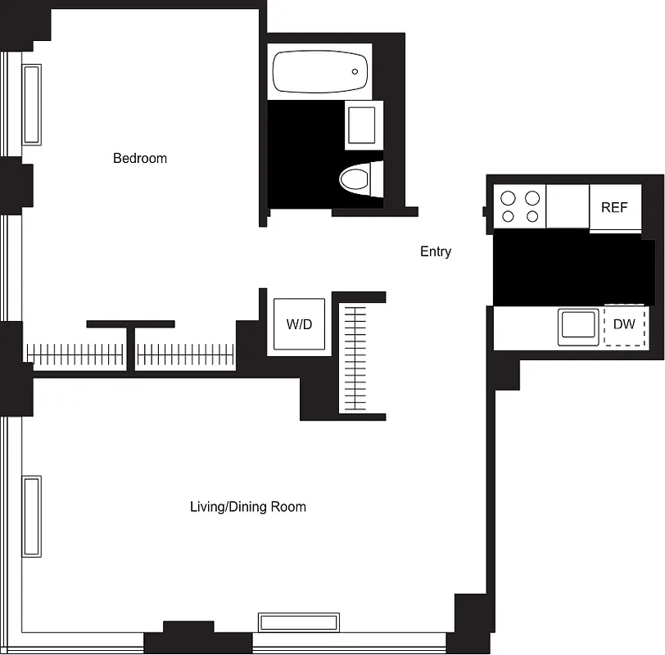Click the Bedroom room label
pyautogui.click(x=140, y=158)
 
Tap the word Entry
pyautogui.click(x=435, y=251)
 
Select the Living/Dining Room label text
pyautogui.click(x=247, y=507)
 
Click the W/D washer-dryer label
pyautogui.click(x=299, y=324)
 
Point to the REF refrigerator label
pyautogui.click(x=614, y=207)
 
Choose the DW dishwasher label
pyautogui.click(x=624, y=324)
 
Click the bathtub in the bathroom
pyautogui.click(x=319, y=72)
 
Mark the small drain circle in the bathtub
pyautogui.click(x=355, y=72)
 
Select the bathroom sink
pyautogui.click(x=361, y=125)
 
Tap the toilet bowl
pyautogui.click(x=355, y=178)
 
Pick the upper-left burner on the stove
pyautogui.click(x=508, y=197)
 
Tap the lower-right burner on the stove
pyautogui.click(x=532, y=216)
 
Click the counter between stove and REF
pyautogui.click(x=568, y=206)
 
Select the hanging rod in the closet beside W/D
pyautogui.click(x=354, y=359)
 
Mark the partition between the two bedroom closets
pyautogui.click(x=131, y=348)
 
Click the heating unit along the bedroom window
pyautogui.click(x=32, y=105)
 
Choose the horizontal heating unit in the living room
pyautogui.click(x=298, y=622)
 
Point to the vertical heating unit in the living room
pyautogui.click(x=32, y=516)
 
